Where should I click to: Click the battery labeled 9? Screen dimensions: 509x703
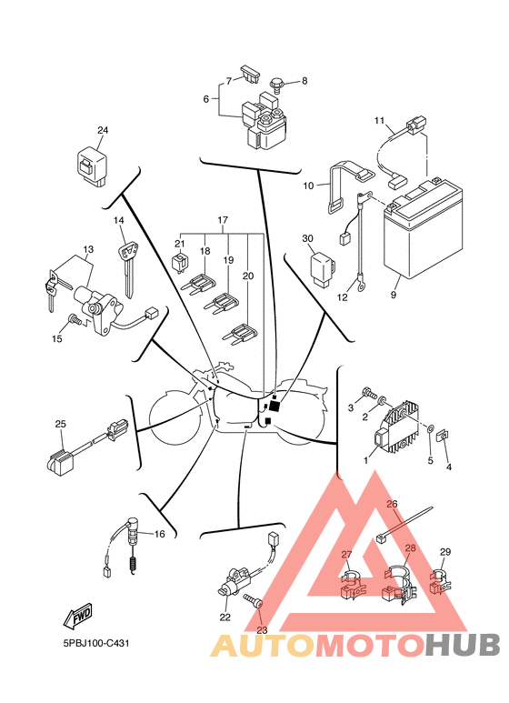tap(423, 228)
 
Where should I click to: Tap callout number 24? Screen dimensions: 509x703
tap(103, 130)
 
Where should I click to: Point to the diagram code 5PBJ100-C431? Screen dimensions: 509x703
tap(96, 643)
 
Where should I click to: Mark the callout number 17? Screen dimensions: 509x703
tap(223, 220)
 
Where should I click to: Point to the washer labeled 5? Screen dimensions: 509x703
tap(429, 428)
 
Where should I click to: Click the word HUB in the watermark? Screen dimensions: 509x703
tap(463, 646)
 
